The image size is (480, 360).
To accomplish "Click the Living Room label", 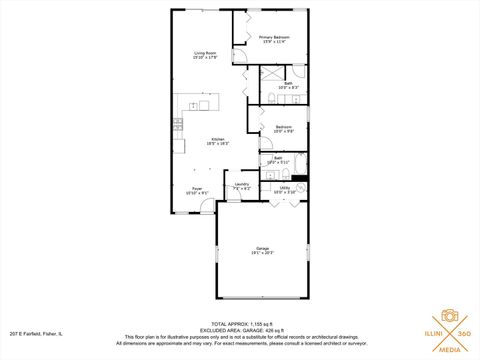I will [207, 55].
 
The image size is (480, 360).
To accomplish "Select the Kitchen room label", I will [217, 141].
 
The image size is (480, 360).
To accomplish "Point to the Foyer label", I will [198, 190].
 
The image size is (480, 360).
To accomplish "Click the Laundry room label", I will [241, 186].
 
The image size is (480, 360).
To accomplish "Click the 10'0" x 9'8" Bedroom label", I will [284, 129].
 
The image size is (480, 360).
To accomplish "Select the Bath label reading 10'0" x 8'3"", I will [287, 86].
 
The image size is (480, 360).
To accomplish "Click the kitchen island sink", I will [204, 104].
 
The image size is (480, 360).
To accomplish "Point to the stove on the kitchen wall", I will [177, 125].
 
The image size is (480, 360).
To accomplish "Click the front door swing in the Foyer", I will [207, 206].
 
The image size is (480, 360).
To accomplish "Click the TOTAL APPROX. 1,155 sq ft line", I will [240, 323].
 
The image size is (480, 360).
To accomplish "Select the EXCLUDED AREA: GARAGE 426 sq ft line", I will [240, 329].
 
